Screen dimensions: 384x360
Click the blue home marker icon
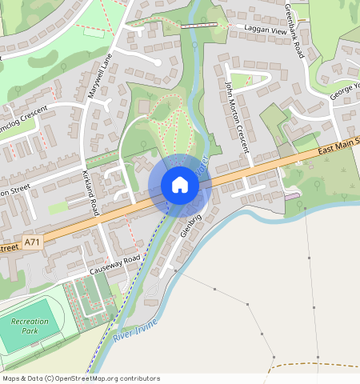(180, 185)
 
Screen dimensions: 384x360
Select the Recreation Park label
(30, 326)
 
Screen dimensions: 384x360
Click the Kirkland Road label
(90, 192)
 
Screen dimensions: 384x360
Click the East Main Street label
(338, 142)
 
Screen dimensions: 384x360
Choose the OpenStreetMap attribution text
(81, 378)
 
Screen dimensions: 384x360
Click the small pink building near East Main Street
(292, 195)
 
